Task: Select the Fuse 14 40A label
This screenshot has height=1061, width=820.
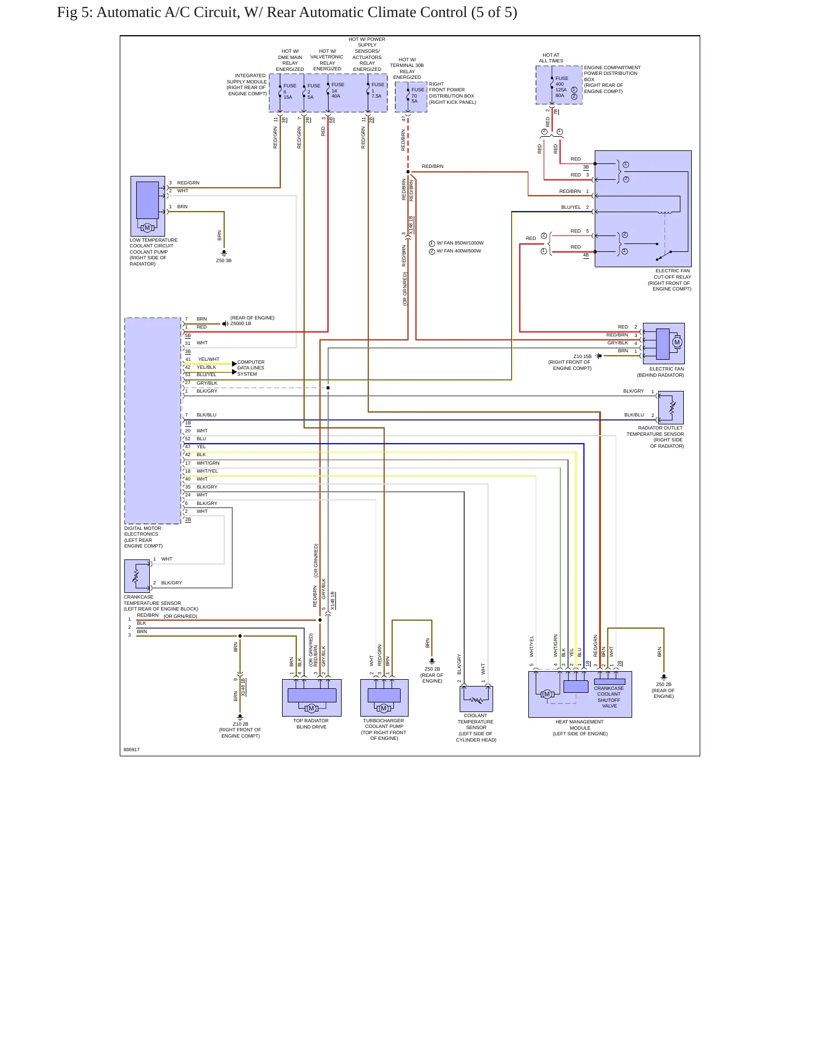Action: [338, 90]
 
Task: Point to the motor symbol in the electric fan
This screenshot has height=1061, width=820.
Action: [676, 342]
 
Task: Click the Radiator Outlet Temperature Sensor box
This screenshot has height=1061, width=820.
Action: [671, 407]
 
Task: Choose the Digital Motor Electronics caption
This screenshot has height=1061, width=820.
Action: [143, 537]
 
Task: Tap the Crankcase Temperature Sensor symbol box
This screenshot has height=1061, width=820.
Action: [137, 576]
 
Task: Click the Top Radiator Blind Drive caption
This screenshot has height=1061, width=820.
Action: [311, 723]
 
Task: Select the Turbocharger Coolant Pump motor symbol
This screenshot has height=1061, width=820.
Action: [384, 708]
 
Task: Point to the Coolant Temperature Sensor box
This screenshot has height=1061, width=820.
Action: [476, 699]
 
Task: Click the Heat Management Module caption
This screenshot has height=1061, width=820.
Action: [580, 728]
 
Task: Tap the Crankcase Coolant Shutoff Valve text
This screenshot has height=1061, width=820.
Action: [609, 697]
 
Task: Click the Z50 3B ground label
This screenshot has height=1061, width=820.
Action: [224, 260]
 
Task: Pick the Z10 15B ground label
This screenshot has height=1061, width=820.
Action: [582, 356]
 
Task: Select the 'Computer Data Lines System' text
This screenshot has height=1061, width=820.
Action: [251, 368]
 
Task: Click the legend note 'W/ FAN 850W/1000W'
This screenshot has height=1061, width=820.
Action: [460, 243]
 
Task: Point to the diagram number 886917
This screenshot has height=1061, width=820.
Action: [132, 750]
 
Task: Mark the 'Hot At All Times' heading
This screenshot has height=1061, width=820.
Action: [551, 58]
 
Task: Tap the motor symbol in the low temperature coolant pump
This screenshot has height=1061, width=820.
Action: [147, 228]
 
